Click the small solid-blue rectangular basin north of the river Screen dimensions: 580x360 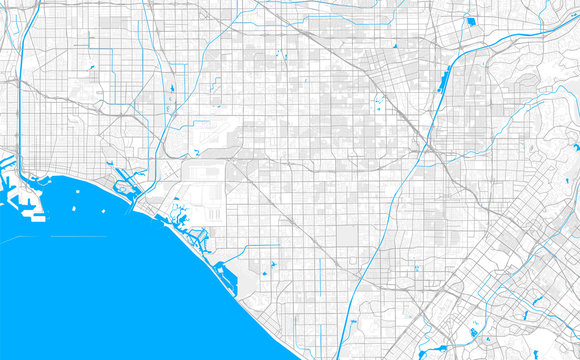[x=470, y=19]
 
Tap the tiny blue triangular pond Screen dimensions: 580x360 [x=396, y=47]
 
